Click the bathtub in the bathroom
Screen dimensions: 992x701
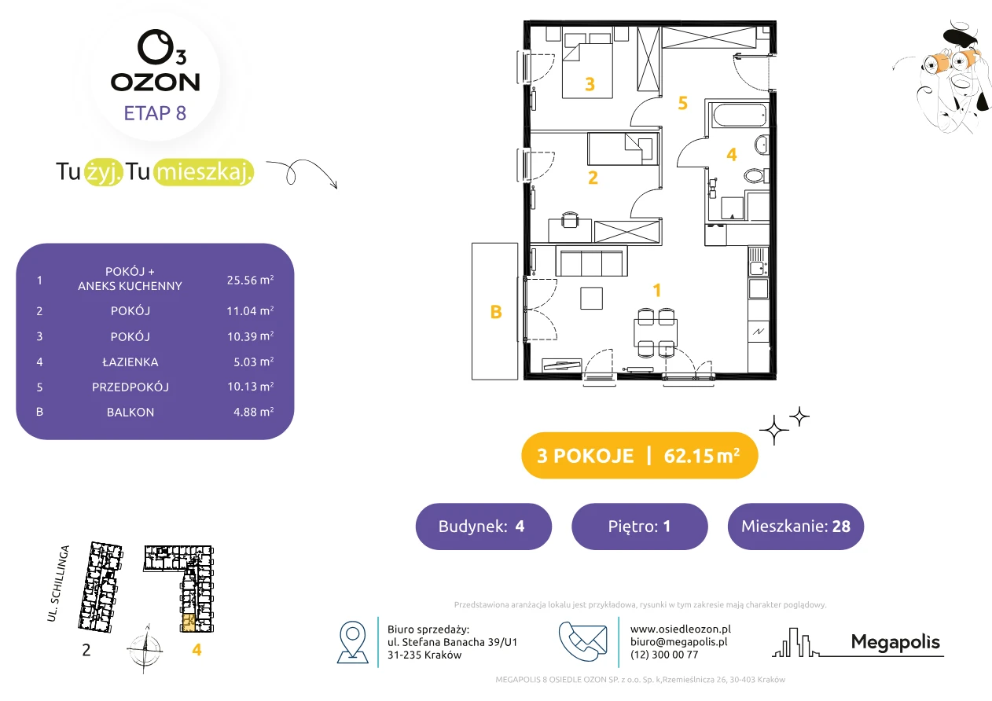[740, 116]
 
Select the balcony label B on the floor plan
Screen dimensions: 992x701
[496, 312]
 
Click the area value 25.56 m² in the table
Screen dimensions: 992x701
[250, 280]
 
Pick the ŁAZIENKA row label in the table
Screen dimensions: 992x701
[130, 362]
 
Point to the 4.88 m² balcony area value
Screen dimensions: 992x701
[253, 412]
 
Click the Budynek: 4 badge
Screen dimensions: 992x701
[483, 526]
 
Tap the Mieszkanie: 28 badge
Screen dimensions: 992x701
[795, 526]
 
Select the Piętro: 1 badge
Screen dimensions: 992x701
[640, 526]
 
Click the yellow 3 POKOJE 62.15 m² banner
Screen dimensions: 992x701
[639, 455]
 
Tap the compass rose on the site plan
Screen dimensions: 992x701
[145, 649]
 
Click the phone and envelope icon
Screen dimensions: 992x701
[582, 641]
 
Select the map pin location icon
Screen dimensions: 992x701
[352, 642]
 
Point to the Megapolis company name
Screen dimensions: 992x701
[895, 642]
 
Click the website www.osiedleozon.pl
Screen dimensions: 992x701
[680, 629]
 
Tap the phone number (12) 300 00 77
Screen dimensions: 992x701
[664, 655]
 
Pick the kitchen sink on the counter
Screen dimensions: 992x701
[758, 261]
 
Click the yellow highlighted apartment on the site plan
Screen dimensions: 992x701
[189, 622]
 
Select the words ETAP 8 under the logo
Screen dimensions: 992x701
[155, 113]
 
